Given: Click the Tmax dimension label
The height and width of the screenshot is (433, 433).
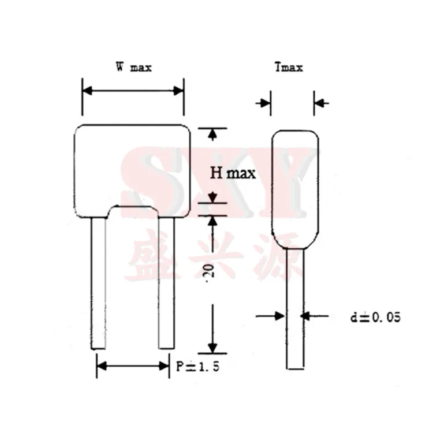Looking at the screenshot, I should pyautogui.click(x=289, y=68).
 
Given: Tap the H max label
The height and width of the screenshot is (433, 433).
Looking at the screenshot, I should pyautogui.click(x=232, y=172).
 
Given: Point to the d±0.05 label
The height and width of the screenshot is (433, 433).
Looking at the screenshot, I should pyautogui.click(x=375, y=317).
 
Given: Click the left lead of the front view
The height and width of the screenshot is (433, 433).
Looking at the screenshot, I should pyautogui.click(x=98, y=283).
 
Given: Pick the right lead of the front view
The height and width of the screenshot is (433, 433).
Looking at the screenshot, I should pyautogui.click(x=166, y=283).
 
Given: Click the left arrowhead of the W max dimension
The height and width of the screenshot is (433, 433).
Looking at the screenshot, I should pyautogui.click(x=87, y=91).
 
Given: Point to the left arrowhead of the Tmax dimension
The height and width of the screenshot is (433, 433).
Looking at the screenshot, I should pyautogui.click(x=266, y=103).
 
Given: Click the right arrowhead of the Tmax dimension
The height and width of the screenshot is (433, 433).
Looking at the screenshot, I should pyautogui.click(x=319, y=103).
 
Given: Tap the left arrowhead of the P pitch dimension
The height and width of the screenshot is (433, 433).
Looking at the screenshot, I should pyautogui.click(x=101, y=365).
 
